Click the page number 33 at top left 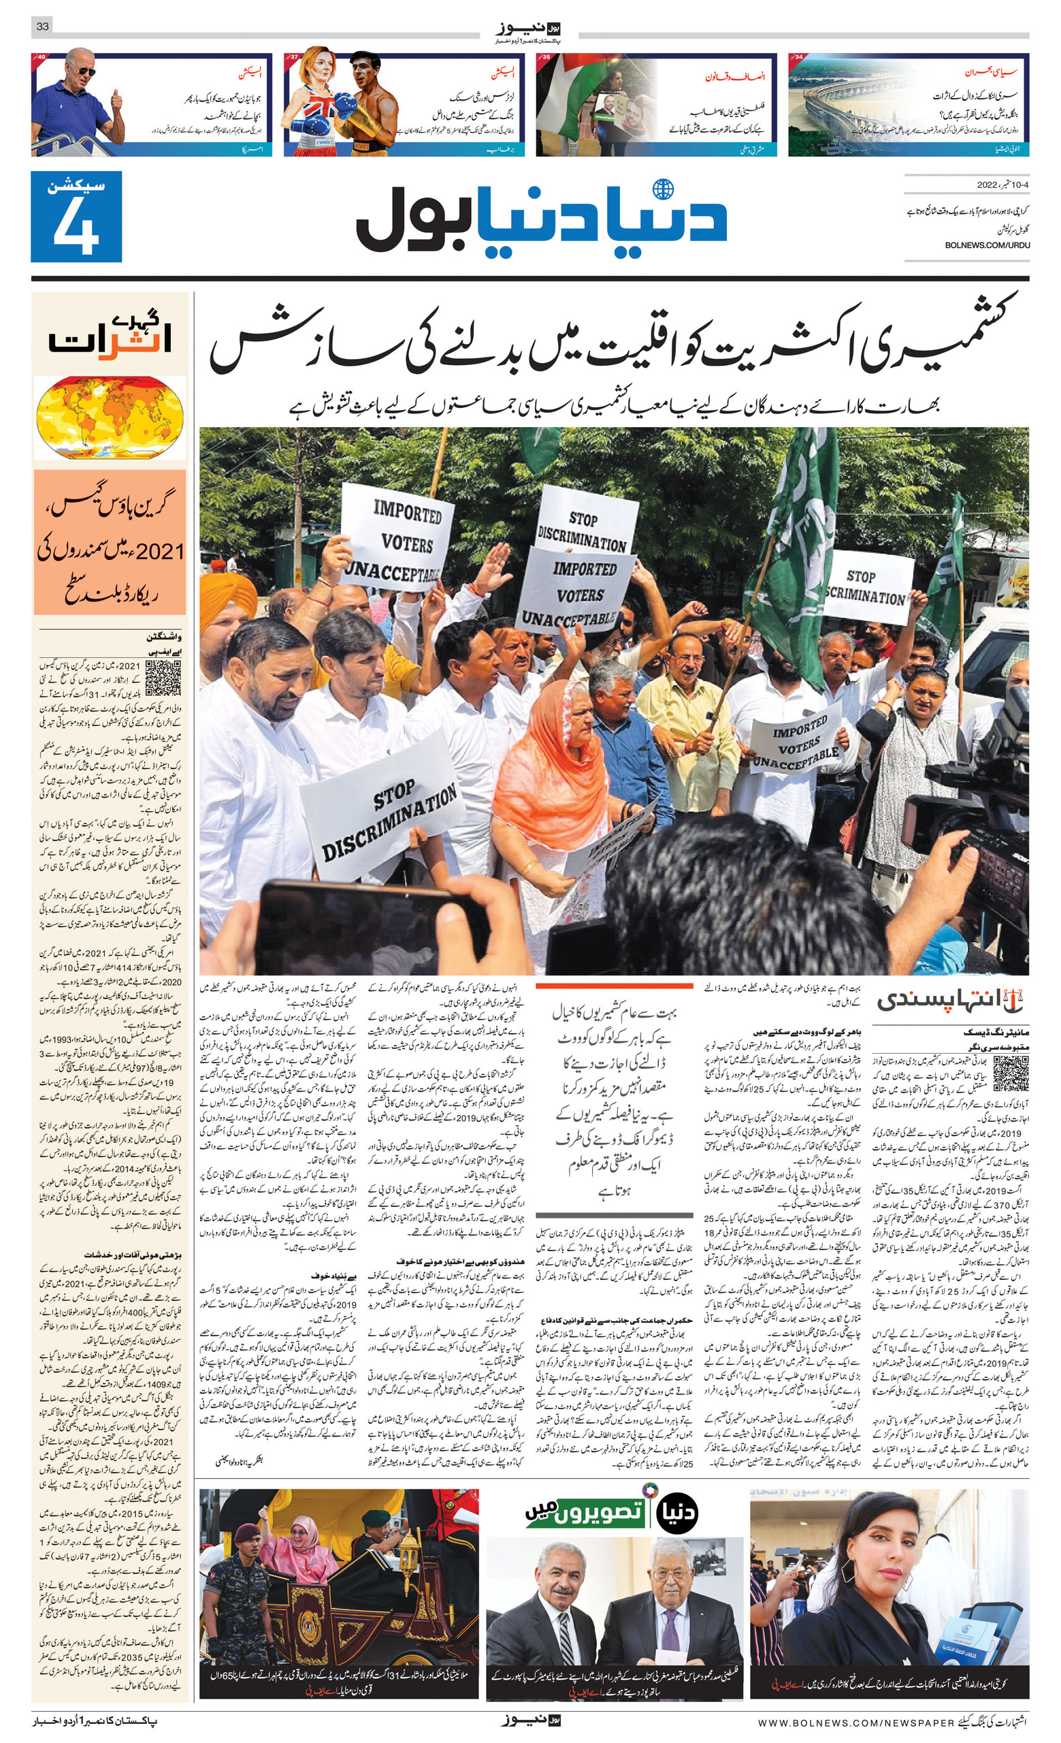click(42, 27)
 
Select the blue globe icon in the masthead click(662, 190)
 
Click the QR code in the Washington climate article click(163, 678)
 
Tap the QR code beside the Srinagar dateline click(1010, 1074)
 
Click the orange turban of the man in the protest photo click(227, 593)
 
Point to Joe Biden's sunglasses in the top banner click(84, 72)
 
